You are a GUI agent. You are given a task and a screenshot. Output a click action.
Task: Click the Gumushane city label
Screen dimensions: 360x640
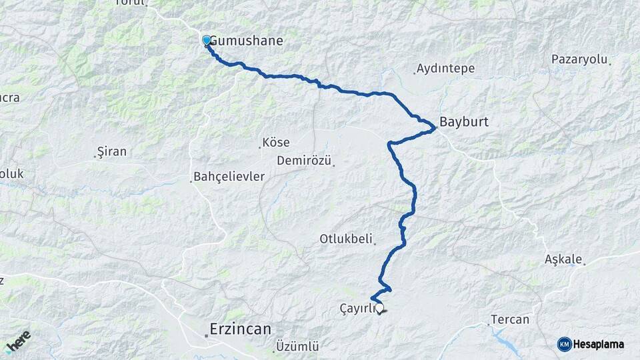246,41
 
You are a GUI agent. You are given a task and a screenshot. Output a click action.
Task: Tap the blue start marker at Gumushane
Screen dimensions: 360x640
206,41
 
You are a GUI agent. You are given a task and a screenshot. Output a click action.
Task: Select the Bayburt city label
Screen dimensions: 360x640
465,123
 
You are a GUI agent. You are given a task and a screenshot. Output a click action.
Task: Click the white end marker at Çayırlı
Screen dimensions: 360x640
380,308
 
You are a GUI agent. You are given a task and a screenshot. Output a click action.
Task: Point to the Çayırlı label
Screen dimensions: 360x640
357,308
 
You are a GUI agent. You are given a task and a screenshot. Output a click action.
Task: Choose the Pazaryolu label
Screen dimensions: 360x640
580,59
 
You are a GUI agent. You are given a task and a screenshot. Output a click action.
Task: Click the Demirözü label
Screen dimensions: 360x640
305,161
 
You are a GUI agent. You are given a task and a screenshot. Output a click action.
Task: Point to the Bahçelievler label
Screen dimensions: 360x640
229,177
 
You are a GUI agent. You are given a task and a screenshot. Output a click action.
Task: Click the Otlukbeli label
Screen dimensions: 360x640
347,239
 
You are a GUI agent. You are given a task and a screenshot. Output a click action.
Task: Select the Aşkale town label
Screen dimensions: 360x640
563,259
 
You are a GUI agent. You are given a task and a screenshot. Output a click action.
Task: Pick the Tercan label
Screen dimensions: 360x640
510,319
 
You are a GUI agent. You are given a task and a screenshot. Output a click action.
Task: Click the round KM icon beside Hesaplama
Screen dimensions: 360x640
565,344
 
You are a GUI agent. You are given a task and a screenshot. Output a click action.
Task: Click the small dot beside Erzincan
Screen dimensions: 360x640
207,335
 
